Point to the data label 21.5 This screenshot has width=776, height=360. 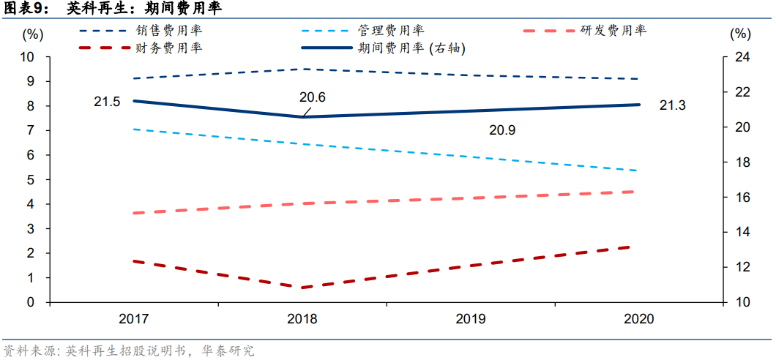click(107, 102)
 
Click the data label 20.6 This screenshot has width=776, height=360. click(313, 97)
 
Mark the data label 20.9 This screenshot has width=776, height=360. click(502, 130)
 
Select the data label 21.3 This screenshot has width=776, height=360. click(672, 106)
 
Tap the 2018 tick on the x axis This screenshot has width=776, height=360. click(302, 320)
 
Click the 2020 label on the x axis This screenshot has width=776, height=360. click(638, 320)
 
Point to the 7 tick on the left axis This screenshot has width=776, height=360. click(31, 130)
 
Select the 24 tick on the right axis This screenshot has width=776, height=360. click(740, 57)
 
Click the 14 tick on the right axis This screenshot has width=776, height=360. click(740, 232)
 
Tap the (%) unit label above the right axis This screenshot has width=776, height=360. click(740, 34)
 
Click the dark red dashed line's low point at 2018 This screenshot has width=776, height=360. click(302, 288)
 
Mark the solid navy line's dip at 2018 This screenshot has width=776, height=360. click(302, 116)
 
